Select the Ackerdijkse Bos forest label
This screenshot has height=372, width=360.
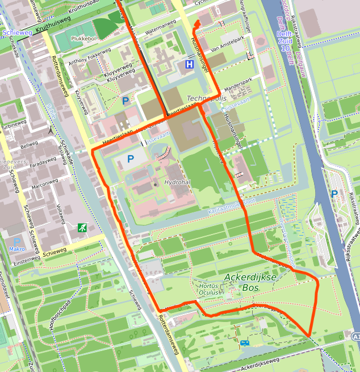(250, 282)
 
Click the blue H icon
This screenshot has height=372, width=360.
(189, 65)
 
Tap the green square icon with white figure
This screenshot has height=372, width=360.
(82, 228)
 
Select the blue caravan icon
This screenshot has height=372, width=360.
(244, 343)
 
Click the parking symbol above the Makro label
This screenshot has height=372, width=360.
(17, 241)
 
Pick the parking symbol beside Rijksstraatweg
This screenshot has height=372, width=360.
(334, 194)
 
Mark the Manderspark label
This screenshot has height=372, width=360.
(237, 89)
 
